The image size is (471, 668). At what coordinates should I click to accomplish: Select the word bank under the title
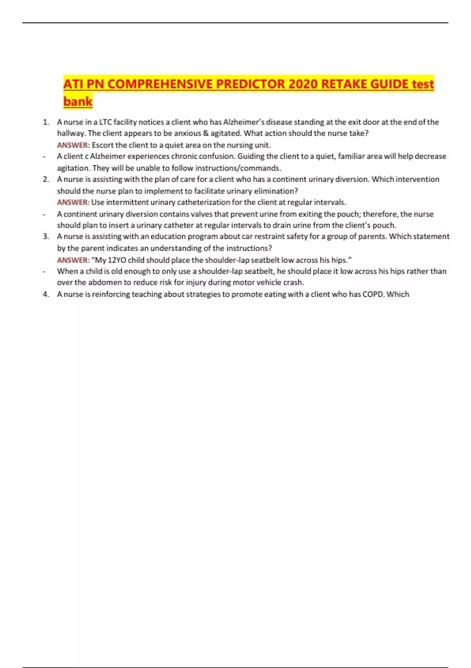point(78,101)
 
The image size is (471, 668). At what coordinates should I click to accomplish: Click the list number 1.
point(46,122)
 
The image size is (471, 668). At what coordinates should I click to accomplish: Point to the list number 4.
point(46,294)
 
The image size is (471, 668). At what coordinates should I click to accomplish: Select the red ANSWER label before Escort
point(73,145)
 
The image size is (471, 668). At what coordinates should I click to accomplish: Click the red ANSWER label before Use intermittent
point(73,202)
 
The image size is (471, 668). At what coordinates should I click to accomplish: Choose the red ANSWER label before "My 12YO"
point(73,260)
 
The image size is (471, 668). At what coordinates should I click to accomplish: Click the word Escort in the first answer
point(102,145)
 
